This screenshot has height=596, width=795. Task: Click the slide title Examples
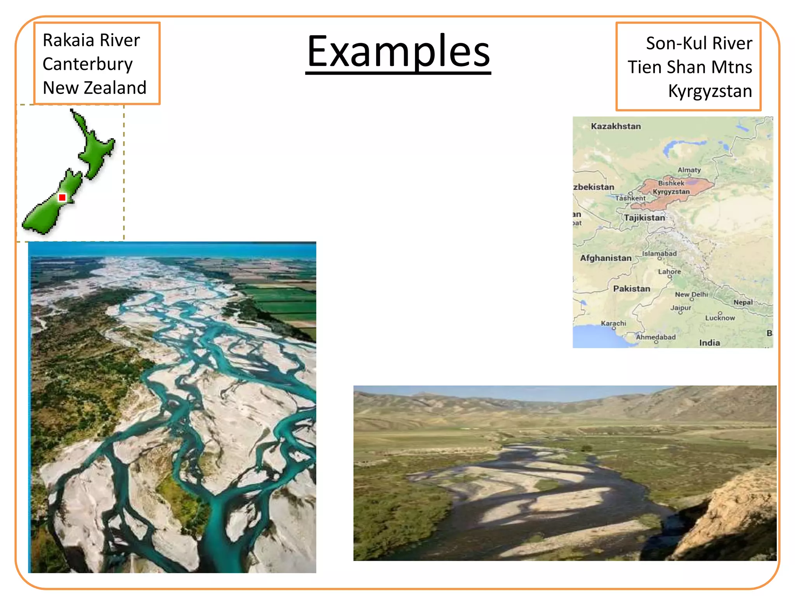click(x=398, y=52)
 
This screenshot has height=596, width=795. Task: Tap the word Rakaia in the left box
click(x=68, y=40)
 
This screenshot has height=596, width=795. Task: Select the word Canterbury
click(x=88, y=64)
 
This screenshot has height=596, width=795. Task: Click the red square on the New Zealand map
click(x=62, y=198)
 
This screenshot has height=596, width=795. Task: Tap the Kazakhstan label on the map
click(x=616, y=126)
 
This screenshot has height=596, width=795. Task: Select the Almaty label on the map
click(x=689, y=170)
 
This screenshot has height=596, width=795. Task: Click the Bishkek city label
click(x=671, y=183)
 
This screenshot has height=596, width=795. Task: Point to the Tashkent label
click(x=630, y=198)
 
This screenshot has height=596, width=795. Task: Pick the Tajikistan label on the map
click(x=644, y=218)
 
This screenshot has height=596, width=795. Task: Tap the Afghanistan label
click(x=606, y=258)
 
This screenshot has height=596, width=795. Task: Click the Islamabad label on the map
click(x=659, y=253)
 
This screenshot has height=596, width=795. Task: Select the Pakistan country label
click(x=632, y=289)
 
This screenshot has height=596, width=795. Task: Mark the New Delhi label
click(x=691, y=295)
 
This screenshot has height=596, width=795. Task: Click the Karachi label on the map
click(x=613, y=323)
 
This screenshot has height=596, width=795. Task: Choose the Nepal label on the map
click(x=743, y=302)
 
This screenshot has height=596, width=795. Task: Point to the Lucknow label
click(x=720, y=318)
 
